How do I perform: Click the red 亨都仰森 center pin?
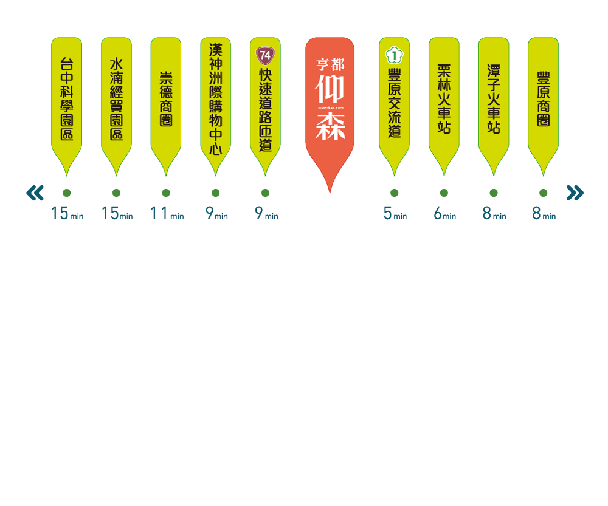coord(330,103)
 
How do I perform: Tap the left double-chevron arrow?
coord(35,193)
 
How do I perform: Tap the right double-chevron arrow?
coord(575,193)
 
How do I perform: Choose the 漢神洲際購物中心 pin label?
coord(215,100)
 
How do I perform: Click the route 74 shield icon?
coord(265,55)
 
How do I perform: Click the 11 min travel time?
coord(167,214)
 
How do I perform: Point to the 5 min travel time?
coord(395,214)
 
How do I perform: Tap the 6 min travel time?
coord(444,214)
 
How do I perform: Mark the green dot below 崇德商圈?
coord(166,193)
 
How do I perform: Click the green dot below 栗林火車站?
coord(444,193)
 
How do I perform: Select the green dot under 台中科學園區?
coord(66,193)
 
